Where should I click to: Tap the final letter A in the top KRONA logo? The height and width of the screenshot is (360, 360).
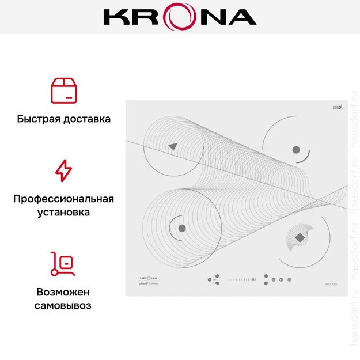coord(242,17)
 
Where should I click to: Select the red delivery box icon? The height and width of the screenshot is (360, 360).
coord(63,90)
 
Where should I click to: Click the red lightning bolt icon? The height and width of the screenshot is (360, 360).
coord(63,171)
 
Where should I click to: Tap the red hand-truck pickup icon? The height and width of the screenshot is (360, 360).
coord(63,264)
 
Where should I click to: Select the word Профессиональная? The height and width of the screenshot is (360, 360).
coord(63,199)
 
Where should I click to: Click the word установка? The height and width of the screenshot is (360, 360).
coord(63,213)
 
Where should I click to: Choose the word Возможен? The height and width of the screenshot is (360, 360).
coord(63,291)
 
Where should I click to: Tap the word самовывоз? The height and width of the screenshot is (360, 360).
coord(63,305)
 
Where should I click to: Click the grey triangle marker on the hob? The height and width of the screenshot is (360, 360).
coord(172,146)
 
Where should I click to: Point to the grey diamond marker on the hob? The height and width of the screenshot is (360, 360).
coord(299,237)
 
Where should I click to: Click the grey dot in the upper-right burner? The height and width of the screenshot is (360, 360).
coord(296,150)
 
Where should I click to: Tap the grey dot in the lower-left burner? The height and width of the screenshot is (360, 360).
coord(182,228)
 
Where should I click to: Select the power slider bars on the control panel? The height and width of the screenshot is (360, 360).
coord(241,279)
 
